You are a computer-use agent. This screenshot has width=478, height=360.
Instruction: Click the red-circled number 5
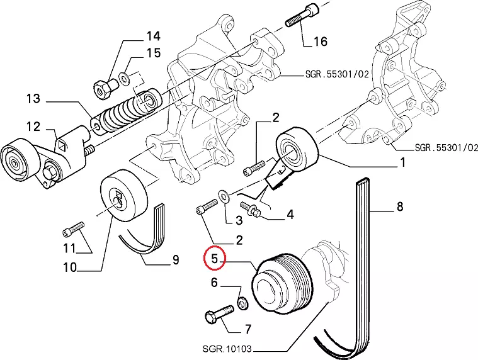click(x=215, y=259)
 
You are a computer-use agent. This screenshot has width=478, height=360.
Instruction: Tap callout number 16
click(x=321, y=42)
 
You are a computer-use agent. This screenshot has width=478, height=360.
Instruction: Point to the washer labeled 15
click(x=125, y=77)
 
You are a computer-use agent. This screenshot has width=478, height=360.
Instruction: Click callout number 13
click(x=33, y=99)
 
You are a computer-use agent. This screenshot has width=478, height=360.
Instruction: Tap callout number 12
click(x=33, y=127)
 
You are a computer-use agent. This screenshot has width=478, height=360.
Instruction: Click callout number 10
click(x=69, y=267)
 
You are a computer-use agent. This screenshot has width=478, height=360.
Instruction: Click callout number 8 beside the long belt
click(x=399, y=205)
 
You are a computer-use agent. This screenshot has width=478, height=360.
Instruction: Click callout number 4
click(x=290, y=215)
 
